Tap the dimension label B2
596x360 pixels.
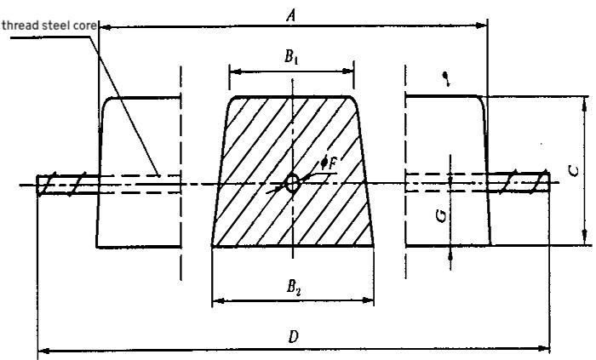[292, 286]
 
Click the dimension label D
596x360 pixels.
[292, 336]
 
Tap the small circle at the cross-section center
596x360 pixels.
[292, 182]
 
